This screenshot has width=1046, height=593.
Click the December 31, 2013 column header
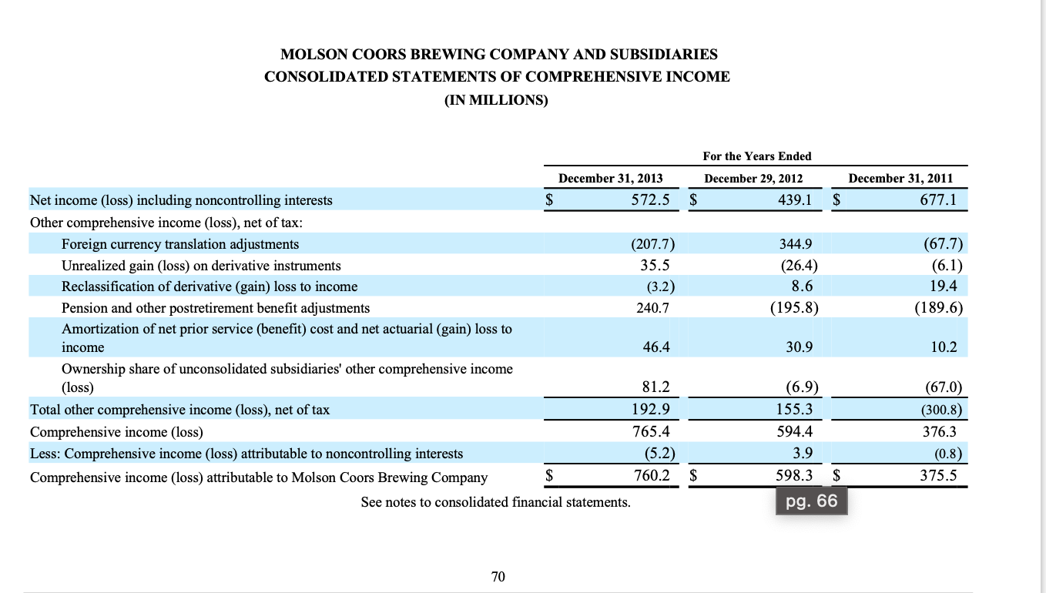pos(610,178)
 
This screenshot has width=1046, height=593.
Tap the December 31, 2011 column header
pos(900,178)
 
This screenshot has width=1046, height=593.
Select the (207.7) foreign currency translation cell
pos(652,244)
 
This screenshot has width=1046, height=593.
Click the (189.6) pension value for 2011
pos(938,308)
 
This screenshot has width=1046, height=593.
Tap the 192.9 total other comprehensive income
pos(649,410)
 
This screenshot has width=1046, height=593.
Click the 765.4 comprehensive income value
pos(649,432)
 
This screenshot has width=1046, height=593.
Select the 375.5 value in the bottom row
pos(938,476)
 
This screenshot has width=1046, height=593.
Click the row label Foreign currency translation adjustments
pos(180,244)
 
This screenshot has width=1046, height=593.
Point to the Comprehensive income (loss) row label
pos(116,432)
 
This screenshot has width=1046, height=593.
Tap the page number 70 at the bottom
pos(498,576)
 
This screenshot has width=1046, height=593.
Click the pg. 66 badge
pos(811,503)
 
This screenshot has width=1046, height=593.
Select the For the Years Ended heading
pos(756,156)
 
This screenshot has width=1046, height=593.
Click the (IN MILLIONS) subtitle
pos(497,100)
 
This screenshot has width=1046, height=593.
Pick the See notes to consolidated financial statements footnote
pos(495,502)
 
